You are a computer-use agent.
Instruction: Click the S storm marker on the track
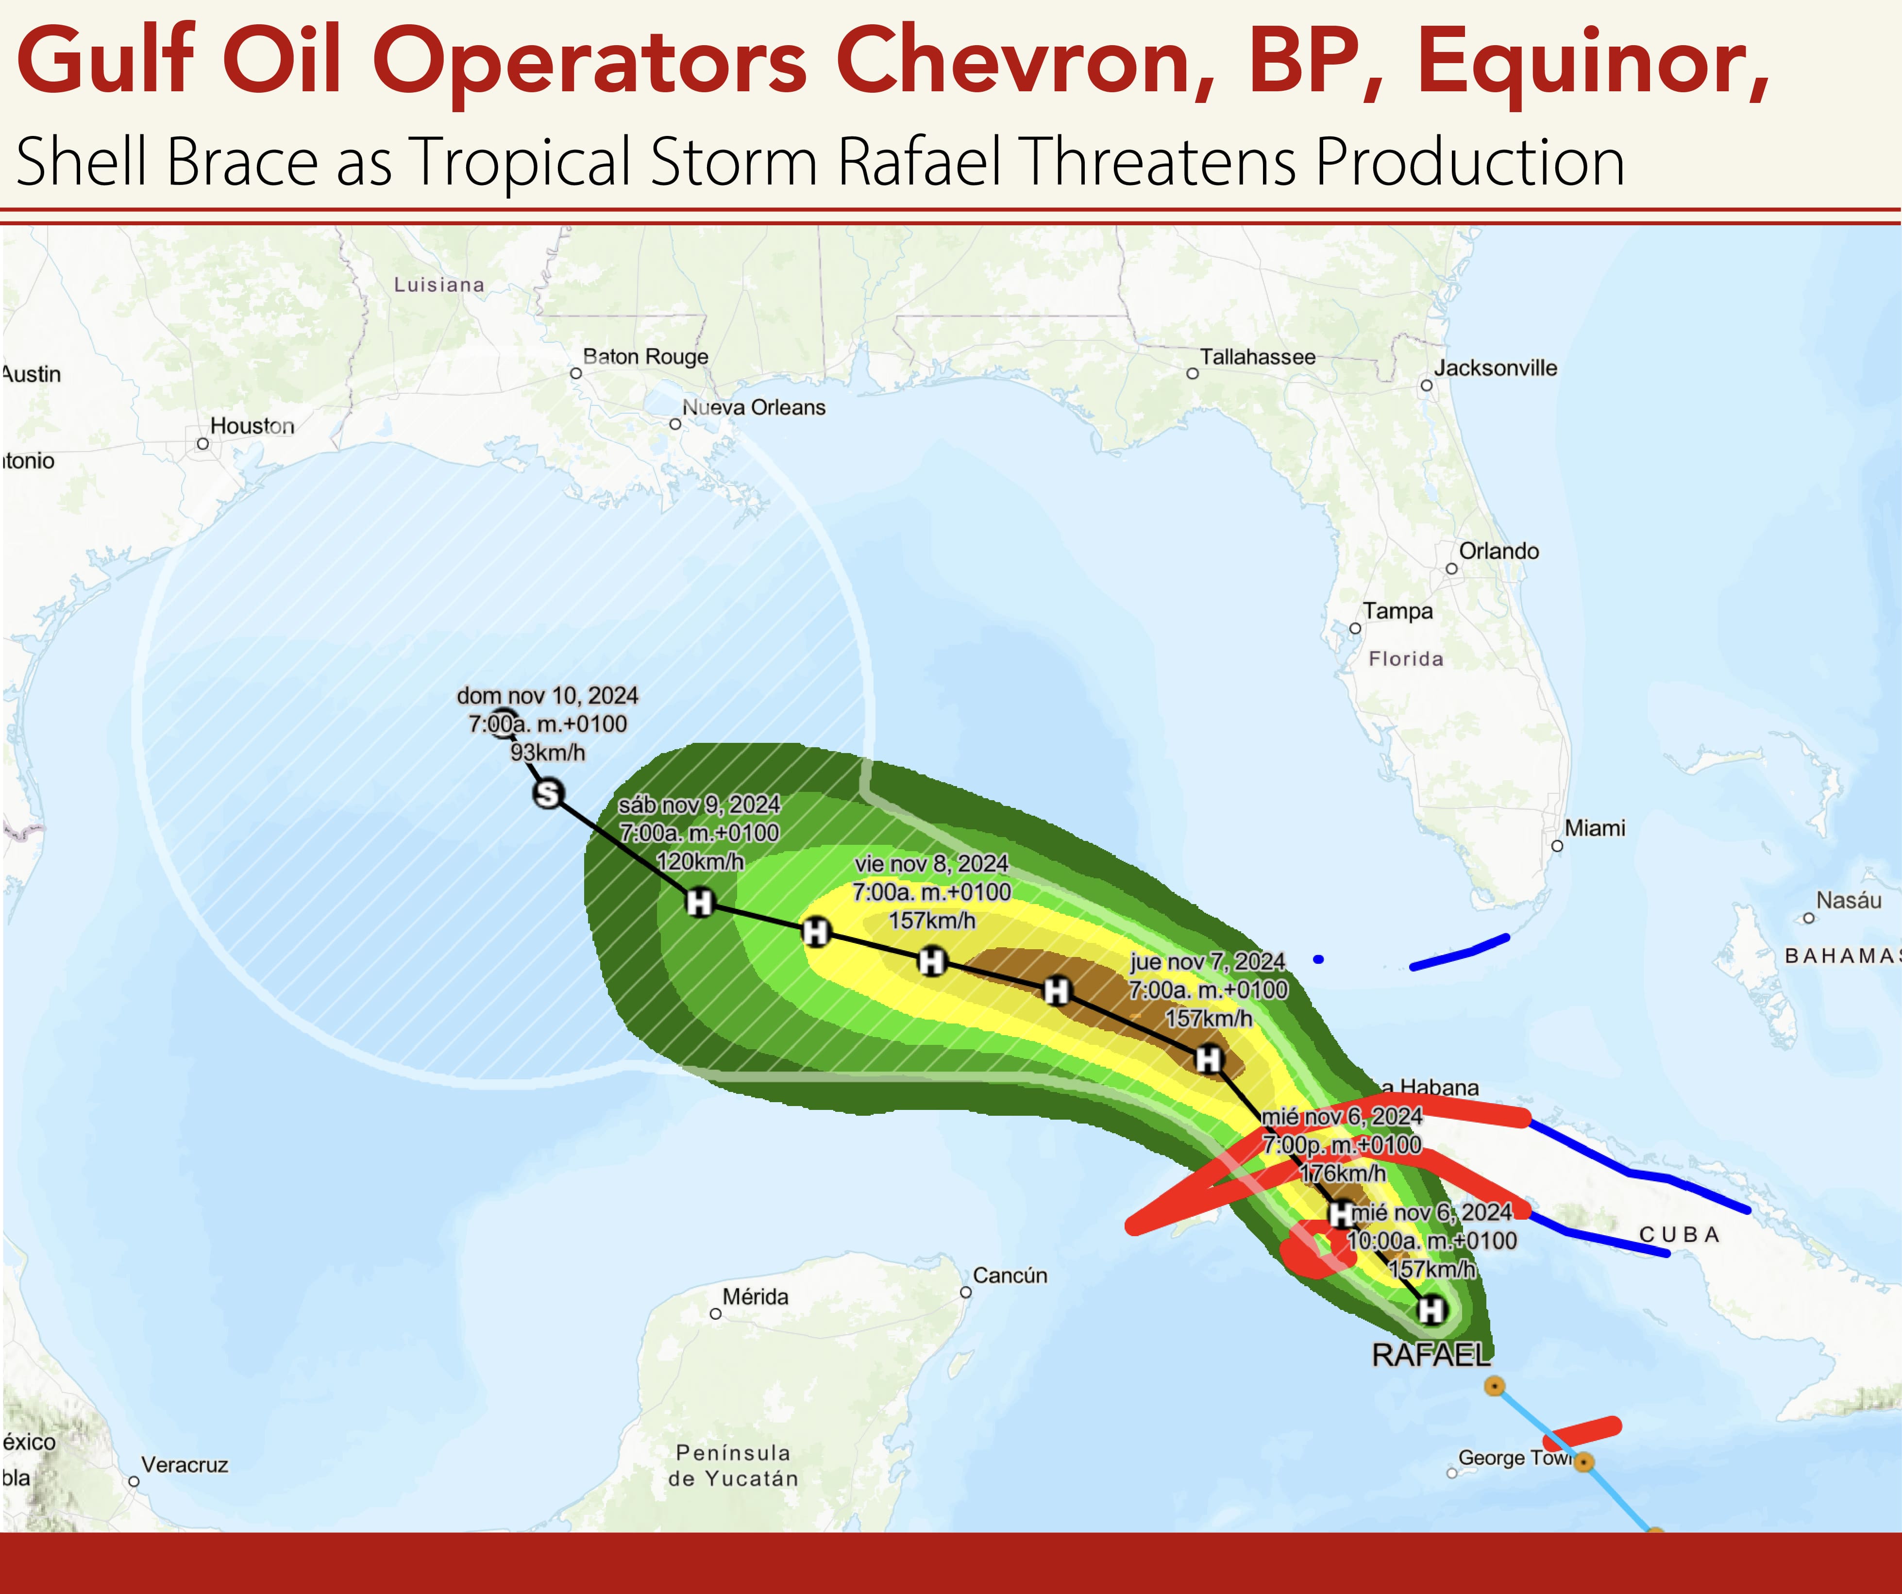[x=548, y=794]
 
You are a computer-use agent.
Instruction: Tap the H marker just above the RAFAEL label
[x=1431, y=1309]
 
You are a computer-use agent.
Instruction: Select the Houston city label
[x=252, y=426]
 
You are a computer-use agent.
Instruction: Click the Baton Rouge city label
[x=645, y=357]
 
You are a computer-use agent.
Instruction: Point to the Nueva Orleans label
[x=754, y=407]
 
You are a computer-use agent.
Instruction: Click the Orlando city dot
[x=1451, y=569]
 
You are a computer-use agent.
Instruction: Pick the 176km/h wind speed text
[x=1342, y=1174]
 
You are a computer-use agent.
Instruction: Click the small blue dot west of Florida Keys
[x=1318, y=959]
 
